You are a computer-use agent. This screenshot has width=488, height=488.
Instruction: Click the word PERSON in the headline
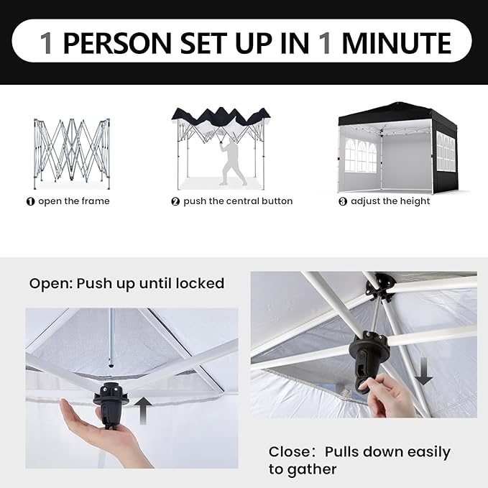coord(117,42)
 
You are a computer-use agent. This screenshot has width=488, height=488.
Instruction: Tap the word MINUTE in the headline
coord(397,42)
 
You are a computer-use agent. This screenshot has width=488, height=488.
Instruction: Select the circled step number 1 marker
coord(30,201)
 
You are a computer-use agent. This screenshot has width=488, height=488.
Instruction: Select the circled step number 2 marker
coord(175,201)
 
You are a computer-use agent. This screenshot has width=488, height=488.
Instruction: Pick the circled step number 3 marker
coord(343,201)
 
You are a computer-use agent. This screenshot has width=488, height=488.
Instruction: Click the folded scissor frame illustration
coord(72,153)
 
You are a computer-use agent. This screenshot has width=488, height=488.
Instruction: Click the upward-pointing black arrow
coord(143,410)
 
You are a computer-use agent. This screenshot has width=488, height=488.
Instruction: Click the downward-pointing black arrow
coord(423,372)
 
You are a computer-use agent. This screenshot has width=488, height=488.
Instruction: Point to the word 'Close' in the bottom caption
coord(287,452)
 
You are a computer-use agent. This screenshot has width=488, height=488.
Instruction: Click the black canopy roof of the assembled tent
coord(397,113)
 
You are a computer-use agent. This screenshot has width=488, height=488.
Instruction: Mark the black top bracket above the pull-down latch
coord(381,287)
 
